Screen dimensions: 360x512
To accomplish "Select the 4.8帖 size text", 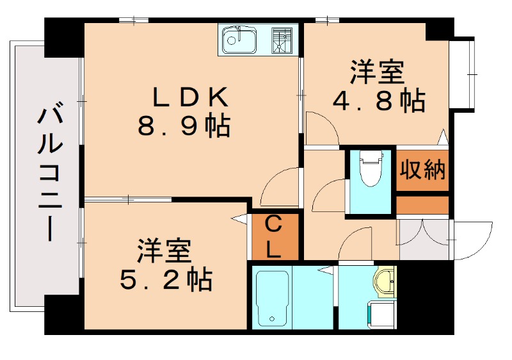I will [x=379, y=101].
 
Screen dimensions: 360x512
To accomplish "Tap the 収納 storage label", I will [x=422, y=171].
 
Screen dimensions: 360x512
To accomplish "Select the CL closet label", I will [x=273, y=236].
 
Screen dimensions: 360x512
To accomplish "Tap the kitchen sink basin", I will [x=238, y=41].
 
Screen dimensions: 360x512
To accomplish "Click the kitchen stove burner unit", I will [x=282, y=40].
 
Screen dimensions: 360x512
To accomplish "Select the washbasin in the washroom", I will [x=385, y=282].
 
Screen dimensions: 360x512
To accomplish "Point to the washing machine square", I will [x=381, y=316].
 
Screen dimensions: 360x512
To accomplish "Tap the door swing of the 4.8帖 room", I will [x=321, y=128].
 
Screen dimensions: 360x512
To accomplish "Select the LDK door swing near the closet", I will [x=280, y=188].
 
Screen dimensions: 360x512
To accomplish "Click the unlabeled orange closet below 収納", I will [x=422, y=206].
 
